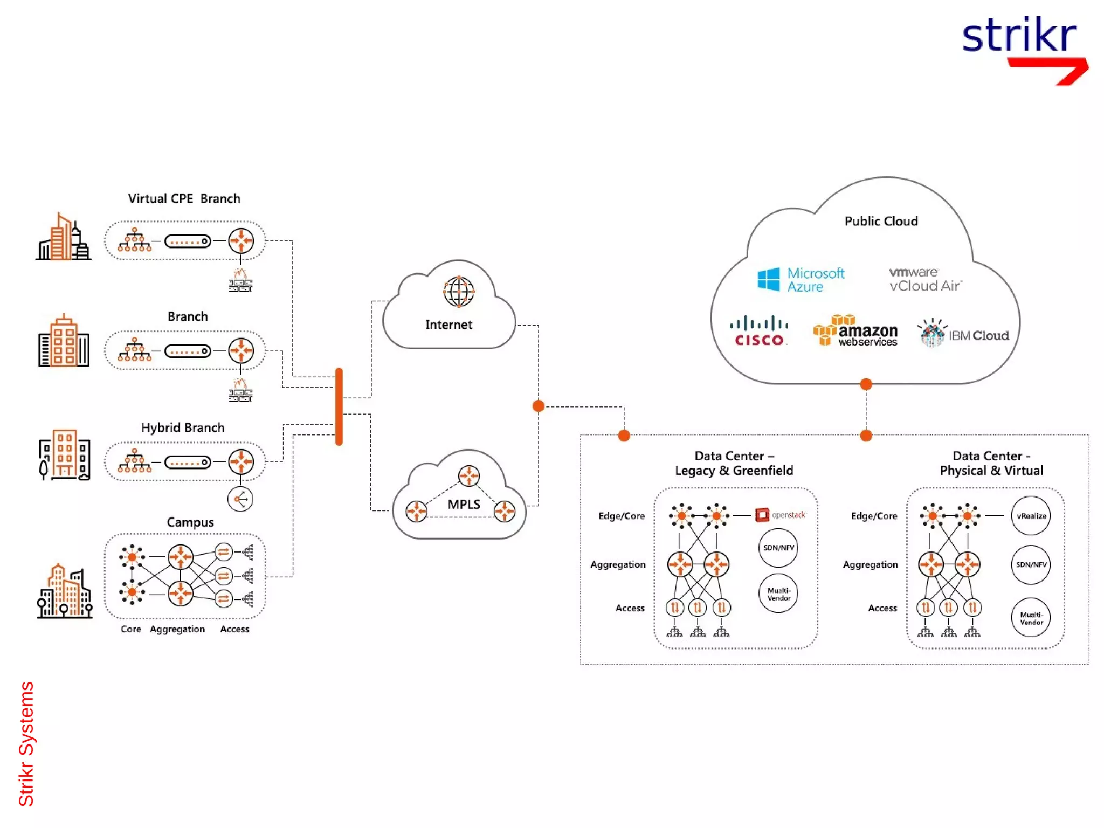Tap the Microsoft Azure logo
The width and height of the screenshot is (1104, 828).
click(801, 280)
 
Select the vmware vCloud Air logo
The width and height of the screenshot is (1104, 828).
click(924, 279)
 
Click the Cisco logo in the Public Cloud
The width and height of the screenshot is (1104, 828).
click(759, 331)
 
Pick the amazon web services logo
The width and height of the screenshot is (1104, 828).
click(855, 331)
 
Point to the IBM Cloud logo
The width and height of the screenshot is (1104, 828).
click(963, 334)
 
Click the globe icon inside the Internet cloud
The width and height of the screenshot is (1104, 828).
click(458, 292)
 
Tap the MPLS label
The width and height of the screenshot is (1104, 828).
click(464, 504)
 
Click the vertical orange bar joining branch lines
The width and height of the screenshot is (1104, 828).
click(339, 406)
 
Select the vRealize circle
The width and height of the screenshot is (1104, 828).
click(1031, 516)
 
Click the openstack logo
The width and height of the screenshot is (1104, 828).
click(780, 515)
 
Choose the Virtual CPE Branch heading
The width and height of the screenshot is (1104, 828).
click(184, 198)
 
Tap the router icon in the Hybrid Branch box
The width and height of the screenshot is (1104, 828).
click(241, 461)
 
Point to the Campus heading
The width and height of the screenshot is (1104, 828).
click(190, 522)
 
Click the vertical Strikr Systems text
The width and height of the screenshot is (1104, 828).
click(26, 744)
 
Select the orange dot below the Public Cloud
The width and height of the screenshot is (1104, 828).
click(866, 384)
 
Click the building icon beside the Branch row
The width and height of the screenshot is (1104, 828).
click(64, 342)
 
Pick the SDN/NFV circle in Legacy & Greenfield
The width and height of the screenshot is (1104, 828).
click(778, 548)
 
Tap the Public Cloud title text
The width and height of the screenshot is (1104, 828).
click(881, 221)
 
